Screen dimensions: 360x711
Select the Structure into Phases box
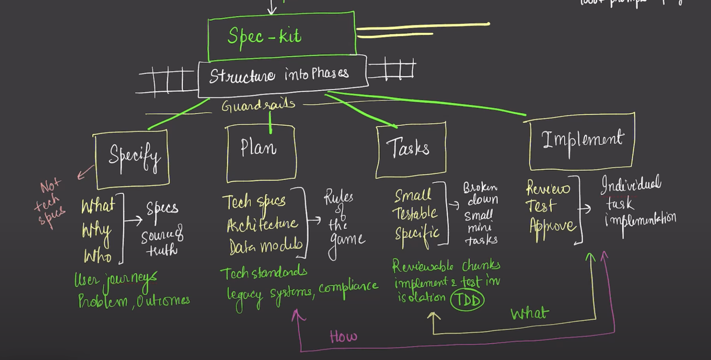[x=283, y=76]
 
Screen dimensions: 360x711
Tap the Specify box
[x=132, y=159]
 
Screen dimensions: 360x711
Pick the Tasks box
[x=411, y=150]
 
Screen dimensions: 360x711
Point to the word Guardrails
[x=258, y=106]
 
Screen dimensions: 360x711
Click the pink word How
[x=343, y=336]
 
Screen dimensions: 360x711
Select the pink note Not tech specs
[x=50, y=203]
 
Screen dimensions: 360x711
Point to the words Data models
[x=266, y=246]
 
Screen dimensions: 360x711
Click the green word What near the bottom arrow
[x=530, y=313]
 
